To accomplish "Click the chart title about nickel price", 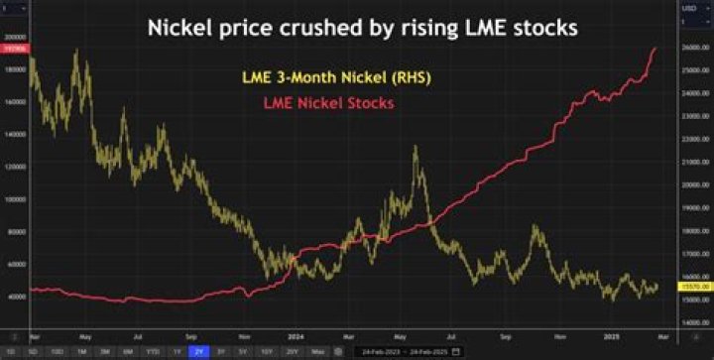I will tap(362, 28).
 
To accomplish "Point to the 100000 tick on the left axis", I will tap(15, 198).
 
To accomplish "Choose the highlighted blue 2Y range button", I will tap(198, 351).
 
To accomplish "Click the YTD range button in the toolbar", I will tap(154, 351).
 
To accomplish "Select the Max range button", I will tap(317, 351).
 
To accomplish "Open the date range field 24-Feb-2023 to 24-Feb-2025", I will tap(407, 351).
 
